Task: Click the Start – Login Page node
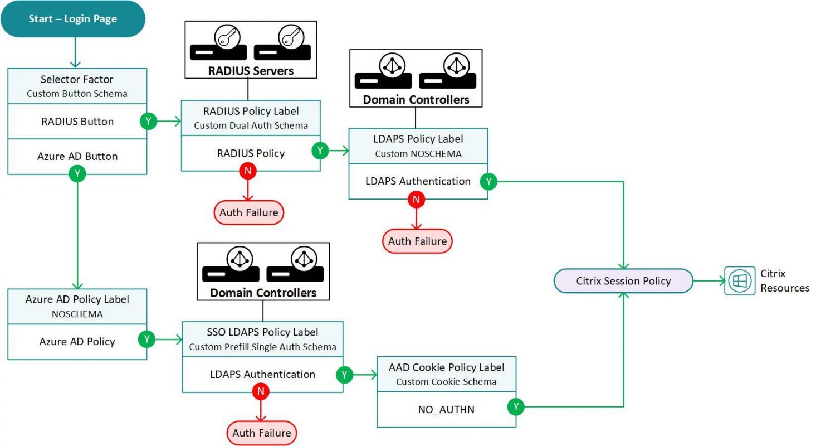(x=73, y=19)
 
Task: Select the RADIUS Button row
(x=77, y=122)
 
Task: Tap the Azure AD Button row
(x=77, y=156)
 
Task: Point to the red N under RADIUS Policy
(x=247, y=171)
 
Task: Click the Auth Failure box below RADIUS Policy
(x=249, y=212)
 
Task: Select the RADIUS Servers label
(x=251, y=71)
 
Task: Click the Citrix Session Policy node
(x=623, y=281)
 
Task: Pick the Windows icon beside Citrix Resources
(x=740, y=281)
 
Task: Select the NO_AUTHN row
(x=446, y=410)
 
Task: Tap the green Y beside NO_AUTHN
(x=516, y=408)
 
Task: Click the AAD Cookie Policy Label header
(x=446, y=374)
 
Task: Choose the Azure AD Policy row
(x=77, y=341)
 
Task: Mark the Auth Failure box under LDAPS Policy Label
(x=417, y=241)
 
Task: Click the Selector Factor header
(x=77, y=86)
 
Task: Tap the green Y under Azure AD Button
(x=77, y=174)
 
